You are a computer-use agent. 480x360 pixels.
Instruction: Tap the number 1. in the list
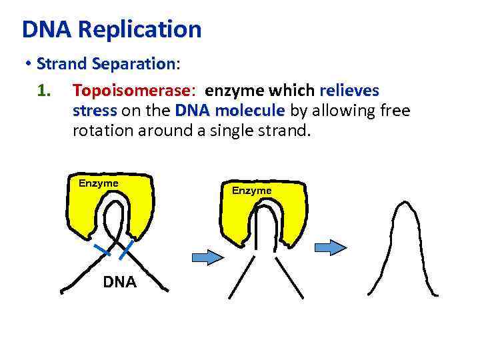pyautogui.click(x=45, y=90)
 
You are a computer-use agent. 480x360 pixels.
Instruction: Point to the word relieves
pyautogui.click(x=350, y=90)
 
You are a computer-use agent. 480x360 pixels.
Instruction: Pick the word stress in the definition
pyautogui.click(x=95, y=110)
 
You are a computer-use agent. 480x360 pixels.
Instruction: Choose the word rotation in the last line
pyautogui.click(x=102, y=131)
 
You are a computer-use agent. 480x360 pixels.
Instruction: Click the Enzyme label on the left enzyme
pyautogui.click(x=99, y=183)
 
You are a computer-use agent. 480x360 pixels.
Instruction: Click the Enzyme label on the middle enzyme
pyautogui.click(x=252, y=191)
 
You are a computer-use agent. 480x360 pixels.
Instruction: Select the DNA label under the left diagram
pyautogui.click(x=119, y=282)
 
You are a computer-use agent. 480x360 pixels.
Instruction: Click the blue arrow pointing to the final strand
pyautogui.click(x=331, y=247)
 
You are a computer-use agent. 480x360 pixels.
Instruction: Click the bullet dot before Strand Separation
pyautogui.click(x=28, y=65)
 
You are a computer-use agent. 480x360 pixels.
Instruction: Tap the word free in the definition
pyautogui.click(x=393, y=110)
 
